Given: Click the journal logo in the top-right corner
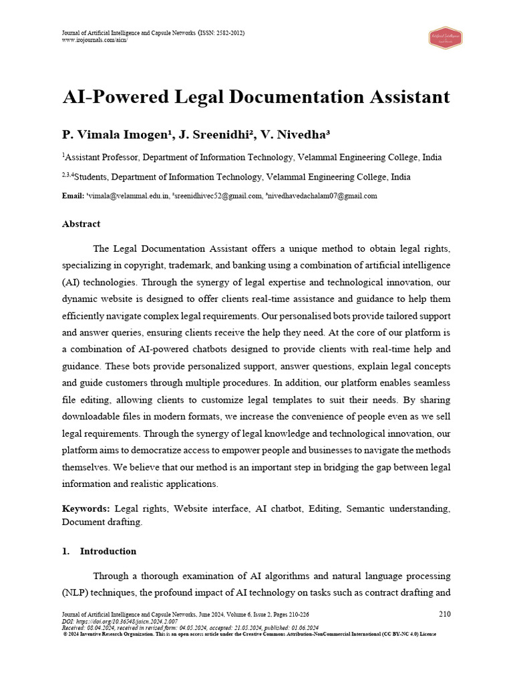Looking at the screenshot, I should pos(446,37).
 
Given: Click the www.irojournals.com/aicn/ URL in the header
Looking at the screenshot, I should pos(94,40).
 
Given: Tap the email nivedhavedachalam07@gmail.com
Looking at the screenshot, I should pos(323,196).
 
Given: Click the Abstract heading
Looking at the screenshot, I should pos(81,224).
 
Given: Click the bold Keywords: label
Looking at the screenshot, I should pos(86,509).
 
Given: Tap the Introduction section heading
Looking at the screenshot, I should pos(108,551).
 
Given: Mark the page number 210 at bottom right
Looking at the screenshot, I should pos(444,614).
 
